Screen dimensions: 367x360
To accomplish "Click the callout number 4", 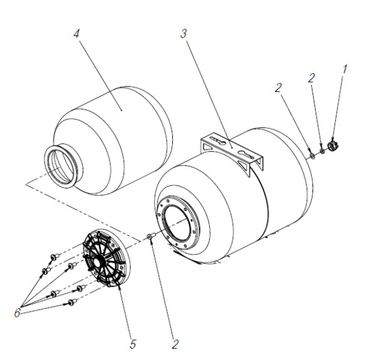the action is [x=76, y=34].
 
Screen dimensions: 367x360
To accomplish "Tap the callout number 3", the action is [x=183, y=33].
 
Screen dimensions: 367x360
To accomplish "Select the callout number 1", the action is [x=344, y=69].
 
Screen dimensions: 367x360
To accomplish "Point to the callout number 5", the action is [x=133, y=344].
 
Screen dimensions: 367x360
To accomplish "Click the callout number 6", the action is [x=18, y=313].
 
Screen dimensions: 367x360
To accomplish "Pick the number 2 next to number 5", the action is [x=175, y=344].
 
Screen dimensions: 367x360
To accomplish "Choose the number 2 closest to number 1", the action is [x=311, y=78].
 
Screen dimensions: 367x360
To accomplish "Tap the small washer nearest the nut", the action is [x=323, y=152].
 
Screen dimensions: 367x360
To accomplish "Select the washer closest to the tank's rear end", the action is [x=312, y=156].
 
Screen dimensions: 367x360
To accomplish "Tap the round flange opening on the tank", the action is [x=178, y=224].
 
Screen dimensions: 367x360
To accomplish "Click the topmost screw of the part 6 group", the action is [x=54, y=257].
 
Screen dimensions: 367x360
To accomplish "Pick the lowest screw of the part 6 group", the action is [x=71, y=302].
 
